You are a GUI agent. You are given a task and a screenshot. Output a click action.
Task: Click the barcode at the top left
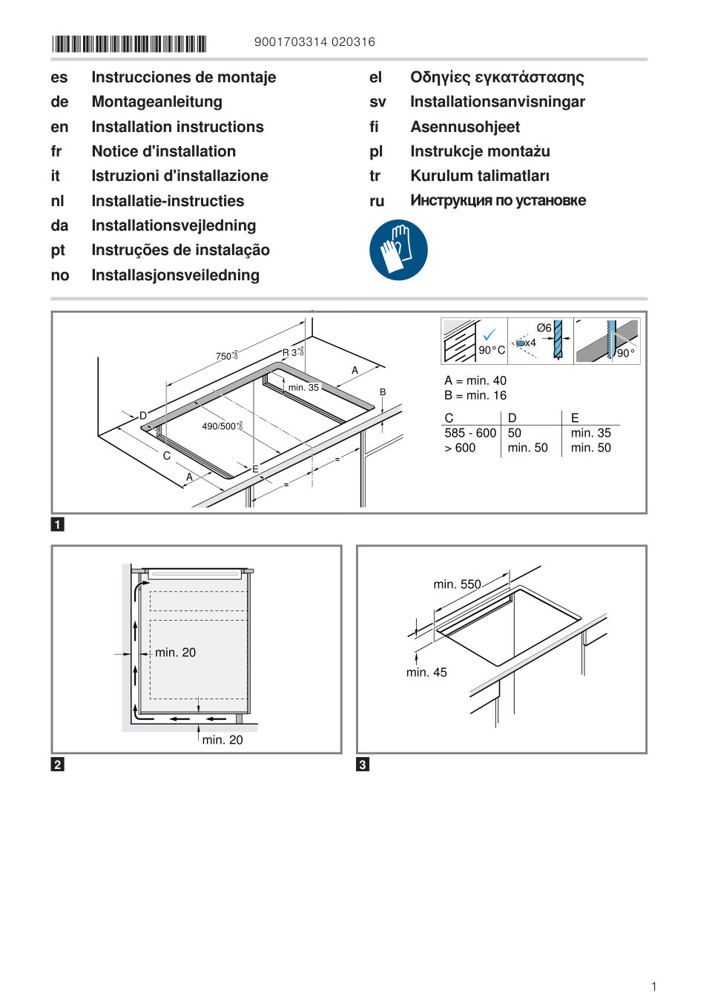pyautogui.click(x=129, y=44)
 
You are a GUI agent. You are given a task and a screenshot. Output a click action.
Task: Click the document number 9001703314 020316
pyautogui.click(x=314, y=42)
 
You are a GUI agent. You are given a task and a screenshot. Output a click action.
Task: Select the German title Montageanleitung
pyautogui.click(x=156, y=102)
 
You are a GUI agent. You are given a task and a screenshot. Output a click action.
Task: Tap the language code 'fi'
pyautogui.click(x=375, y=127)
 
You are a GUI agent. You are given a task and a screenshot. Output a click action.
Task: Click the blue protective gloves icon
pyautogui.click(x=398, y=250)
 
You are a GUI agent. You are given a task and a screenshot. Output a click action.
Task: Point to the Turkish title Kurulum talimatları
pyautogui.click(x=480, y=176)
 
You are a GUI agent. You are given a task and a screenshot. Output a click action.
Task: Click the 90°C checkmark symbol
pyautogui.click(x=489, y=335)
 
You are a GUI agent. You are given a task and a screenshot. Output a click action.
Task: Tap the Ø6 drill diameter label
pyautogui.click(x=544, y=328)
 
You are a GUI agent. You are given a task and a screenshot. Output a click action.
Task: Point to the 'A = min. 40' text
pyautogui.click(x=475, y=380)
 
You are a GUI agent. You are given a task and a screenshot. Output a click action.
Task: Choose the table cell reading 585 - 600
pyautogui.click(x=470, y=433)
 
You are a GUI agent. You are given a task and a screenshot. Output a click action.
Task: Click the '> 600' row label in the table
pyautogui.click(x=460, y=448)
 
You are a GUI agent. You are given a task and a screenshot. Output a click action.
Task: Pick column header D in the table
pyautogui.click(x=512, y=418)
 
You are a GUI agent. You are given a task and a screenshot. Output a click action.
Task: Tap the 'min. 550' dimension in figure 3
pyautogui.click(x=457, y=584)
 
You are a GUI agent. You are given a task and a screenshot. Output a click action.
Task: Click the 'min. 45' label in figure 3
pyautogui.click(x=426, y=673)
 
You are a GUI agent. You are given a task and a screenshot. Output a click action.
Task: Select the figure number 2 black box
pyautogui.click(x=58, y=765)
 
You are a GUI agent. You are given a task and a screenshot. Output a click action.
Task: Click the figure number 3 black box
pyautogui.click(x=363, y=765)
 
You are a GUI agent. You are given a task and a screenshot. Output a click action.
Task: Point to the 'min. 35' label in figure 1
pyautogui.click(x=303, y=388)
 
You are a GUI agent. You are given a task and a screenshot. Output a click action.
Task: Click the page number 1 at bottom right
pyautogui.click(x=653, y=986)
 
